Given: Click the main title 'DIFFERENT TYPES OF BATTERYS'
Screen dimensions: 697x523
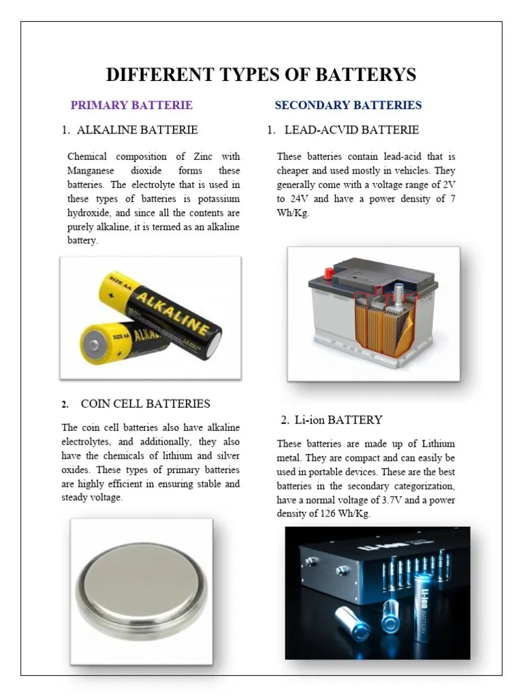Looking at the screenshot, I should click(x=261, y=75).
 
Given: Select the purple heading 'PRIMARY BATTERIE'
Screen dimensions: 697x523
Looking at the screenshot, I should click(x=131, y=106).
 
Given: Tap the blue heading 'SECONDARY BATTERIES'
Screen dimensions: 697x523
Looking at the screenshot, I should click(x=348, y=106).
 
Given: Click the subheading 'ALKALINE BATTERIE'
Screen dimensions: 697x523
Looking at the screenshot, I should click(x=138, y=130).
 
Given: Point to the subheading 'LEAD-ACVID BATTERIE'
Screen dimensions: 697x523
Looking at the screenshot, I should click(x=351, y=130).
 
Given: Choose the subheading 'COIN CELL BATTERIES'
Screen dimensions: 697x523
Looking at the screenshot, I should click(x=145, y=404).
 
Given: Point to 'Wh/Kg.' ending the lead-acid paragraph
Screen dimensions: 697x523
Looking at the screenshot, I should click(x=293, y=213).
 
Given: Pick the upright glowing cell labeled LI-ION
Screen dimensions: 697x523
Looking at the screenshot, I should click(x=423, y=606).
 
